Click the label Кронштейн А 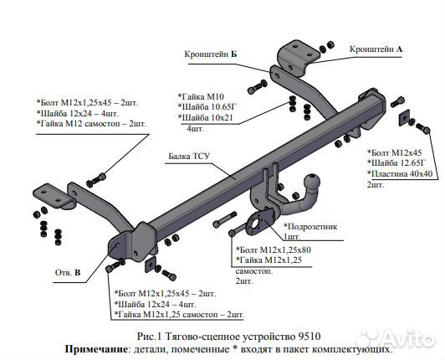[376, 49]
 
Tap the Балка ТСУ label [189, 156]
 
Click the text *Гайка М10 [201, 97]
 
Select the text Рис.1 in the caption [149, 335]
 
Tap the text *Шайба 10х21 [205, 119]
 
